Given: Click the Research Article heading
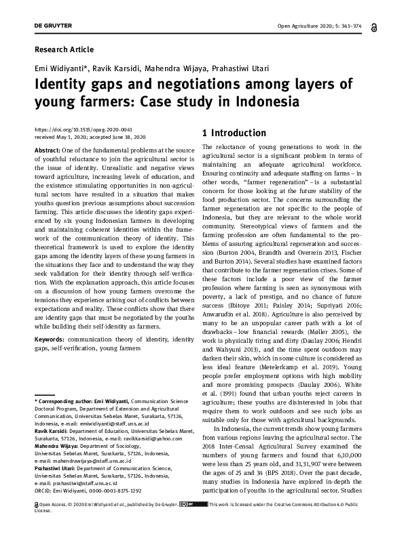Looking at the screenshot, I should tap(64, 49).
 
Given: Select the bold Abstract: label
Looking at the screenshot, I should tap(47, 150).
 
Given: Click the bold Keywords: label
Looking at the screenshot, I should tap(50, 339).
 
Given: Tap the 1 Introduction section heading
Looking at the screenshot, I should tap(234, 133).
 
